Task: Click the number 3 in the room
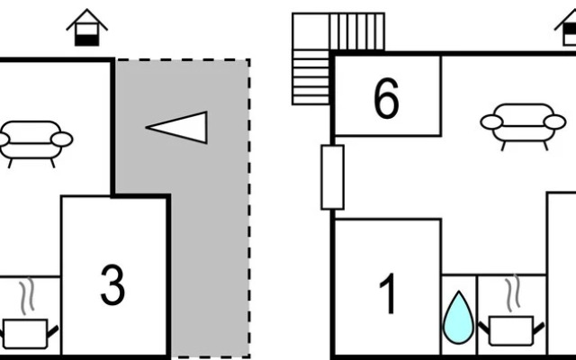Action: [112, 285]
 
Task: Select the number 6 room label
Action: [386, 98]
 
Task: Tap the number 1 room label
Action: [387, 294]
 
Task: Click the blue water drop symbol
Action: [459, 318]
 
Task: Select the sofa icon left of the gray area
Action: [35, 144]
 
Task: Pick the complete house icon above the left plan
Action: [87, 28]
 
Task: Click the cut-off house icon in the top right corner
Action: [566, 28]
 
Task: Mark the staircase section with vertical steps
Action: [357, 31]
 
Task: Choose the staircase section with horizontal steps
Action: [310, 77]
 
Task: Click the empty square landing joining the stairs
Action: [311, 31]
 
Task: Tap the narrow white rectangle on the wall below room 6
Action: [333, 177]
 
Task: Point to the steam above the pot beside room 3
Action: [27, 296]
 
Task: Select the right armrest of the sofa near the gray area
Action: [62, 139]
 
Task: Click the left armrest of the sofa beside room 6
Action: [491, 122]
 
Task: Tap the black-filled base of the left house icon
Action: [87, 40]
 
